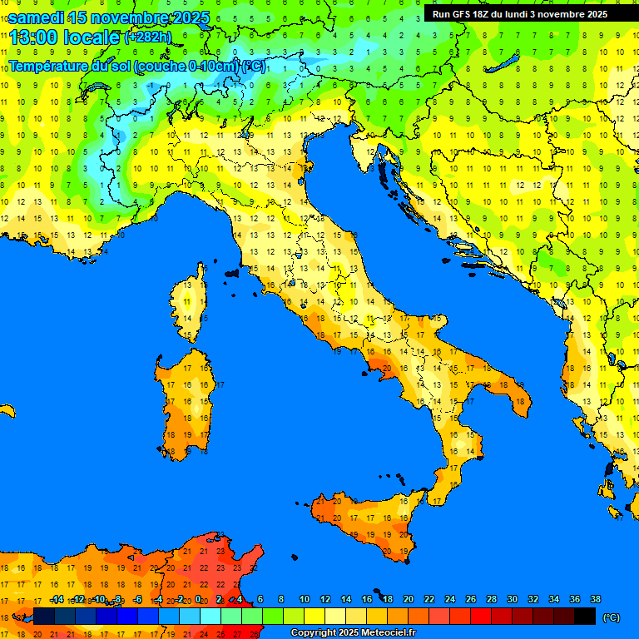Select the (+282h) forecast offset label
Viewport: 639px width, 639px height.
[149, 37]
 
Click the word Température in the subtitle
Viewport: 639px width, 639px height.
[49, 66]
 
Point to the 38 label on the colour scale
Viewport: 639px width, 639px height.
[595, 599]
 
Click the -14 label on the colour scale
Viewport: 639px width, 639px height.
[57, 599]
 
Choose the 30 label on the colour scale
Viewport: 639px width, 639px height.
[512, 599]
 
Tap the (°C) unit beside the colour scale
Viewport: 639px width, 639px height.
[612, 617]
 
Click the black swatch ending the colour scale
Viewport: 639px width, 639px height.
[585, 617]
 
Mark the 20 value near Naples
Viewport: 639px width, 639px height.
[385, 367]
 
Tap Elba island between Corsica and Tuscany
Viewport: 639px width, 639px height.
[231, 272]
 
